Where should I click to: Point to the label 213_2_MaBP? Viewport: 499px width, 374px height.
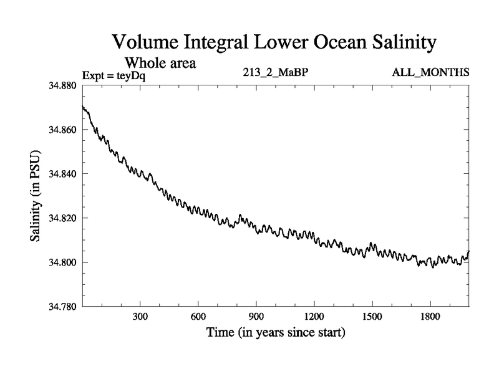coord(276,72)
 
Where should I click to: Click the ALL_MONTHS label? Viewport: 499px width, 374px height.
coord(430,72)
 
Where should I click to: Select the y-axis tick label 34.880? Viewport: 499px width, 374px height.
coord(62,85)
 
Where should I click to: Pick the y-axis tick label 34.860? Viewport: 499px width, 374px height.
coord(62,130)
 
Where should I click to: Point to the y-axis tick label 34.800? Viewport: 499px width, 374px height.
coord(62,262)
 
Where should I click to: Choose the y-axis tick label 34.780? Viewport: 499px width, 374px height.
coord(62,307)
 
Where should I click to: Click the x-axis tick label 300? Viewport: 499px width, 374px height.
coord(140,316)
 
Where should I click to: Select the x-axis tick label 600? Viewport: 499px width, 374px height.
coord(198,316)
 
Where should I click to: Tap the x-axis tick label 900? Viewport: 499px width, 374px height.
coord(256,316)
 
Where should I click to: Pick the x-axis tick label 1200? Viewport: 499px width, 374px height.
coord(314,316)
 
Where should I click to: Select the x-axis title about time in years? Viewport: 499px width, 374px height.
coord(276,332)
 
